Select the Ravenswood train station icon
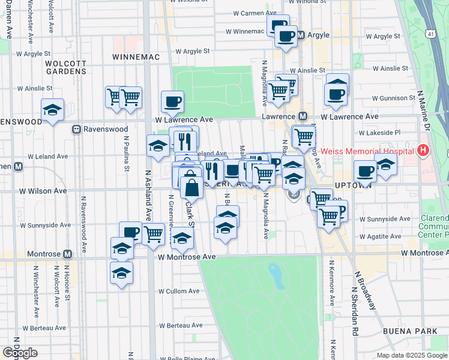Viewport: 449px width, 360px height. coord(77,128)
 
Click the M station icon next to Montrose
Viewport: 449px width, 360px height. coord(67,254)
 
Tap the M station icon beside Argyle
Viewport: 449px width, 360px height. coord(302,35)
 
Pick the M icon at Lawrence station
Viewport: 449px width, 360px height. coord(303,116)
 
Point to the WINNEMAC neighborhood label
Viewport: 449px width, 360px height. coord(135,57)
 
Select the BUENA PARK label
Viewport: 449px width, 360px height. coord(403,331)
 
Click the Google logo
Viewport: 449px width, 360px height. coord(20,353)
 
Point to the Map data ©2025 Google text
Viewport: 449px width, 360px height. coord(412,355)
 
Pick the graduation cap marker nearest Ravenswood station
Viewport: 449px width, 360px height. coord(53,109)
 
